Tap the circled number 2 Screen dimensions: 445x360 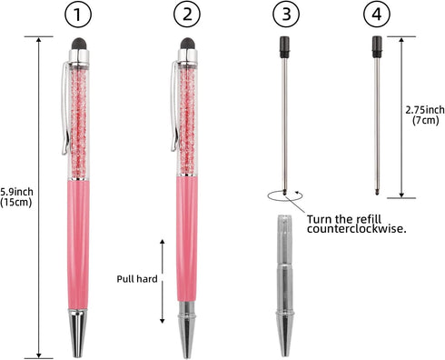pos(187,15)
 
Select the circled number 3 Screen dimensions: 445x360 pos(287,15)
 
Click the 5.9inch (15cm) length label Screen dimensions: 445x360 pos(17,196)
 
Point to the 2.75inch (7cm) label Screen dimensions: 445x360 pos(423,114)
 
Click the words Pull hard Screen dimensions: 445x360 pos(136,280)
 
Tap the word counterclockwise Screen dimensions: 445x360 pos(356,232)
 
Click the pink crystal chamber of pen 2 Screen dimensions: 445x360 pos(188,118)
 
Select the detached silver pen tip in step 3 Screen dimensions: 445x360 pos(287,282)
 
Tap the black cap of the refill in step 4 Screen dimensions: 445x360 pos(376,46)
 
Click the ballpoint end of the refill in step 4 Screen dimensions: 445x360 pos(378,191)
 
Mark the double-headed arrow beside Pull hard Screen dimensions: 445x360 pos(163,280)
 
